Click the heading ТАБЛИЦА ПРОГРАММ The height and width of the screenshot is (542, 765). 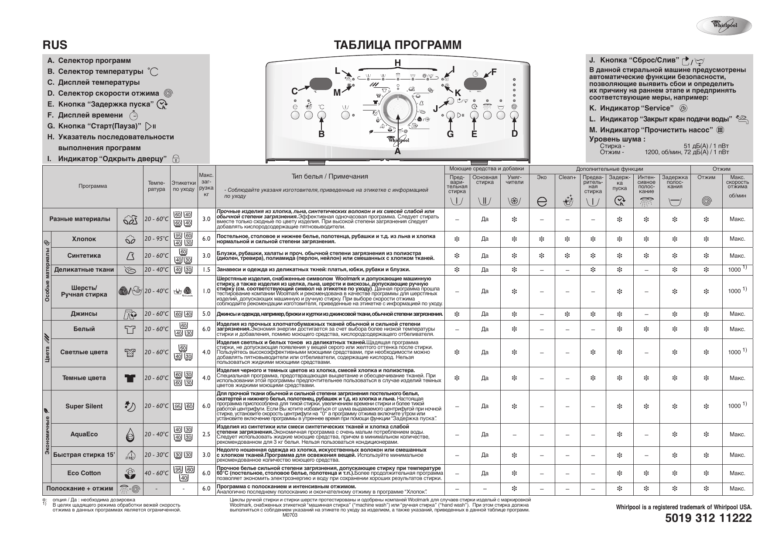pos(397,45)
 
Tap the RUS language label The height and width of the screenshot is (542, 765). pos(55,45)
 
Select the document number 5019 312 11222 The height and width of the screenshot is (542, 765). pos(708,518)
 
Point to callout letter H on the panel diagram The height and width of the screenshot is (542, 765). pos(397,62)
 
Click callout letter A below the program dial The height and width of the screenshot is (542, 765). pos(397,151)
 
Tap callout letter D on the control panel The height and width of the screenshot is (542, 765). pos(514,134)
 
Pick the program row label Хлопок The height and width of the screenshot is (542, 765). pos(84,239)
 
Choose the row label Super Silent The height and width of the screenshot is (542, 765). pos(84,406)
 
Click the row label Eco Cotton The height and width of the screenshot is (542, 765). pos(84,473)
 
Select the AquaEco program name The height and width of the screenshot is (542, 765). pos(84,434)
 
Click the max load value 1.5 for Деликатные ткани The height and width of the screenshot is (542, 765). pos(206,270)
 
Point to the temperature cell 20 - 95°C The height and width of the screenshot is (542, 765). pos(157,239)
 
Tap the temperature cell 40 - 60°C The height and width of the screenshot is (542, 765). pos(157,473)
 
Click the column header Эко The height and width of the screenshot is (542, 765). pos(542,177)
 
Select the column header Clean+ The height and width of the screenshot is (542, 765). pos(567,177)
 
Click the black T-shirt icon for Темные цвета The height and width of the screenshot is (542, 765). pos(130,378)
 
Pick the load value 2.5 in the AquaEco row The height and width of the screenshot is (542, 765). pos(206,434)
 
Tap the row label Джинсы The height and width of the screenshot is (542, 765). pos(84,314)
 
